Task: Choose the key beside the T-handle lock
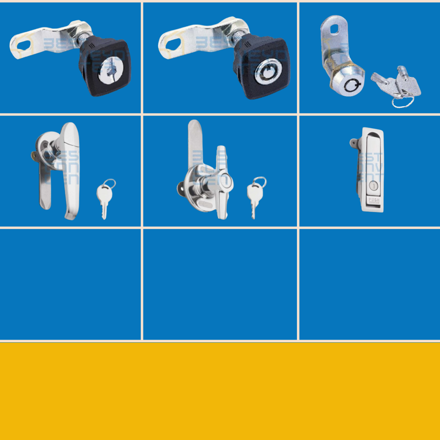[x=254, y=199]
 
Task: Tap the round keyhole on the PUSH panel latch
[x=373, y=185]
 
